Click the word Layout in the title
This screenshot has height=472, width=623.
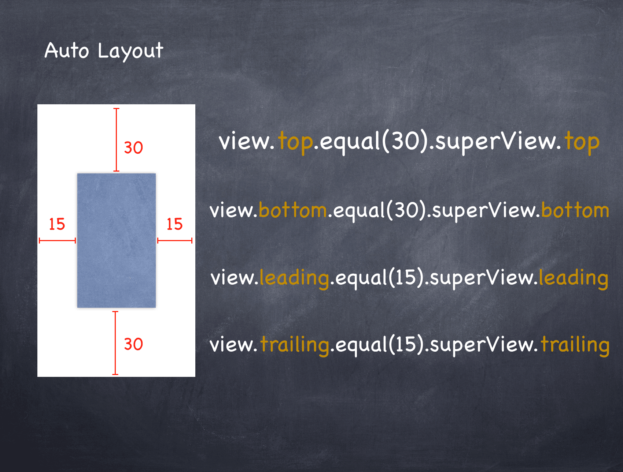[130, 51]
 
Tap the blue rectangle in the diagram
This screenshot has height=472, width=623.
[117, 240]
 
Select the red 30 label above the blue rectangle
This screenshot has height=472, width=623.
[133, 148]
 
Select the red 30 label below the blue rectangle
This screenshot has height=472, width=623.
[133, 344]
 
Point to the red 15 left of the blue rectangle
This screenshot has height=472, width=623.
[57, 224]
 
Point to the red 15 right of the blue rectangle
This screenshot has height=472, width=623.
[174, 224]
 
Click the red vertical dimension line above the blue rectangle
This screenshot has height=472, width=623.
[116, 140]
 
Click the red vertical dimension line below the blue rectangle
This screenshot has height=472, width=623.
[115, 343]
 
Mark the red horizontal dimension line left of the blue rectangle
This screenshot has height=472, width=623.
[57, 240]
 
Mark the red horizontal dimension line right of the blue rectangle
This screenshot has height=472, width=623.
[175, 240]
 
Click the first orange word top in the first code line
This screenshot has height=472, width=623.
[296, 142]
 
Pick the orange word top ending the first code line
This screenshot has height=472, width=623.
[582, 142]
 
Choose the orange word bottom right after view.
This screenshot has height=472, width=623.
[293, 210]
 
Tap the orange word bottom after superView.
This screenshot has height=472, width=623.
[575, 210]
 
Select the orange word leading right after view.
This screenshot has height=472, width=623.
[294, 278]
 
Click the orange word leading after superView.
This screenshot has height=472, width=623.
[574, 278]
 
